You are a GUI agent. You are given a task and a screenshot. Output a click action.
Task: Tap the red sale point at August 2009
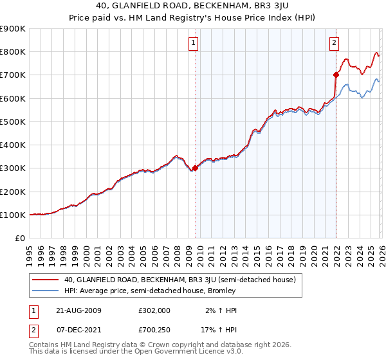pos(196,168)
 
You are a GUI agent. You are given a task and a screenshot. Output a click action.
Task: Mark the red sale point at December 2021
pos(336,75)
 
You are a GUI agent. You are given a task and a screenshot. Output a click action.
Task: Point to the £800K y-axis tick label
pos(13,52)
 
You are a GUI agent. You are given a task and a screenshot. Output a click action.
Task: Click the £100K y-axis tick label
pos(13,215)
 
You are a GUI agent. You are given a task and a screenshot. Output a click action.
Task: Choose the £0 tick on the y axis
pos(21,239)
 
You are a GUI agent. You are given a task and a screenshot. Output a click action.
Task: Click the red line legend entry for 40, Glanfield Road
pos(179,280)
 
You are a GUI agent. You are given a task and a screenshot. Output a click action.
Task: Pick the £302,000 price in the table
pos(154,310)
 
